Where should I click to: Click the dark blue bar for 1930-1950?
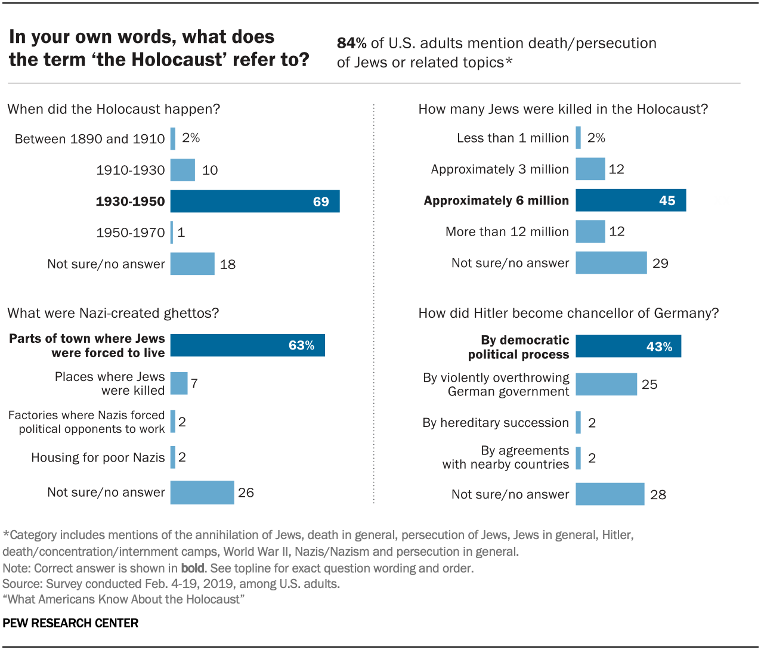255,202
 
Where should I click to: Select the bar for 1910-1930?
182,170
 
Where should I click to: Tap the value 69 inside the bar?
321,202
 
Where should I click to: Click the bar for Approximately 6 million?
630,200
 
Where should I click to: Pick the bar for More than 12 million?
590,231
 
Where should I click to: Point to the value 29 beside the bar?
660,263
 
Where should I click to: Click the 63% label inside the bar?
301,345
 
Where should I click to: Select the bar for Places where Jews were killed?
179,383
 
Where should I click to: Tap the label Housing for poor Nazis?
98,457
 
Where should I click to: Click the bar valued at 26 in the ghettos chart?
202,493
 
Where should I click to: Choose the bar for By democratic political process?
628,346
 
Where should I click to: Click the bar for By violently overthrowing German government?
606,385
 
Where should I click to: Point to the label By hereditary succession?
496,423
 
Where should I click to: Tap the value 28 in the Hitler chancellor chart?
658,494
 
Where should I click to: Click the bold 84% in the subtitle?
352,44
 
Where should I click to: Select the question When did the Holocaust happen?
114,109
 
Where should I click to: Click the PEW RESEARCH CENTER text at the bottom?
70,623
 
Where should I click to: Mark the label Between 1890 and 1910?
89,139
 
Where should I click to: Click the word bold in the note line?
193,568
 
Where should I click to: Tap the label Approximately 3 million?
500,169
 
